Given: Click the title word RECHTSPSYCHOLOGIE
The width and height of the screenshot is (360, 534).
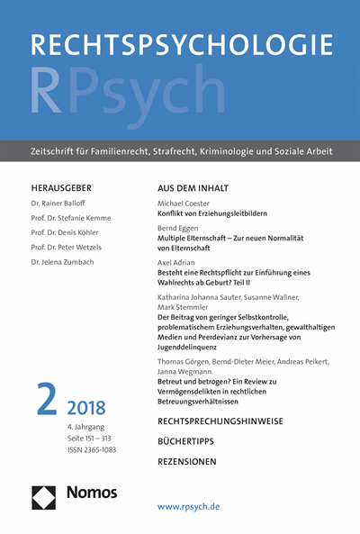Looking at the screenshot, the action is (180, 46).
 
